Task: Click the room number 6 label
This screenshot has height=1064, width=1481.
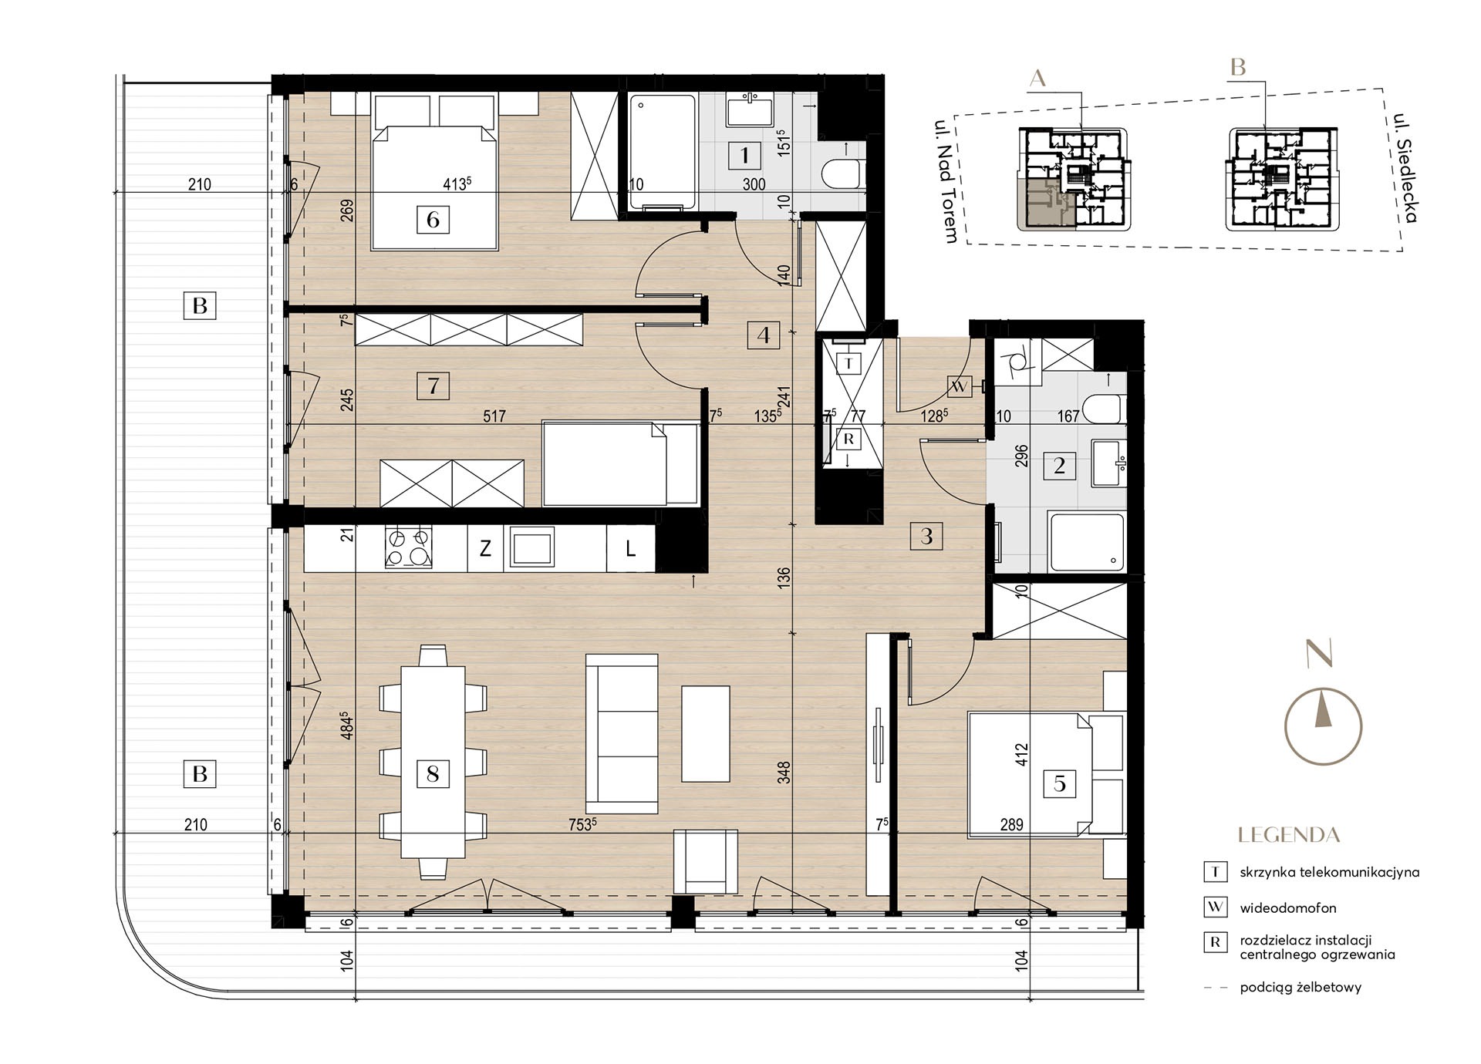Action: [433, 220]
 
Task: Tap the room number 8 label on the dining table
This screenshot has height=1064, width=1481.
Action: [433, 773]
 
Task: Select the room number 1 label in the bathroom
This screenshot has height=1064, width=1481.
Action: [744, 156]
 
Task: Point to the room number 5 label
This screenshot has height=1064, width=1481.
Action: [1060, 784]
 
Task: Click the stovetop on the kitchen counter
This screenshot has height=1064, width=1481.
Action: [408, 547]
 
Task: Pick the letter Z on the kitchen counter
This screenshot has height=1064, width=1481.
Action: [485, 549]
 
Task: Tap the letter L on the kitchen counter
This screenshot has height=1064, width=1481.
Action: [630, 549]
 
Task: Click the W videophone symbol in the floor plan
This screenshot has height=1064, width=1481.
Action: [959, 387]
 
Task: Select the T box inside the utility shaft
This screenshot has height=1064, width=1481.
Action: [848, 363]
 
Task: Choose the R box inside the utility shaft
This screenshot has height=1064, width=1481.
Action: [848, 439]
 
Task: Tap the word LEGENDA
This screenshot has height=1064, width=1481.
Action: [1289, 835]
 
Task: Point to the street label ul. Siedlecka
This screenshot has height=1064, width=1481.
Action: [1405, 169]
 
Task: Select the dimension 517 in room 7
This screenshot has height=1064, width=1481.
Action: [494, 416]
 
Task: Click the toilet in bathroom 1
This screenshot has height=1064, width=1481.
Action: [844, 174]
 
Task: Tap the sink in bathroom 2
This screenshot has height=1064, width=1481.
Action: [1109, 464]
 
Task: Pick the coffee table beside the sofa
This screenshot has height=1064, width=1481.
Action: [706, 734]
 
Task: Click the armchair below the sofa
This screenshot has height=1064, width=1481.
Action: [706, 861]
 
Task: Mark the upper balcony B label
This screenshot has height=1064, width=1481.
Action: [200, 305]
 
